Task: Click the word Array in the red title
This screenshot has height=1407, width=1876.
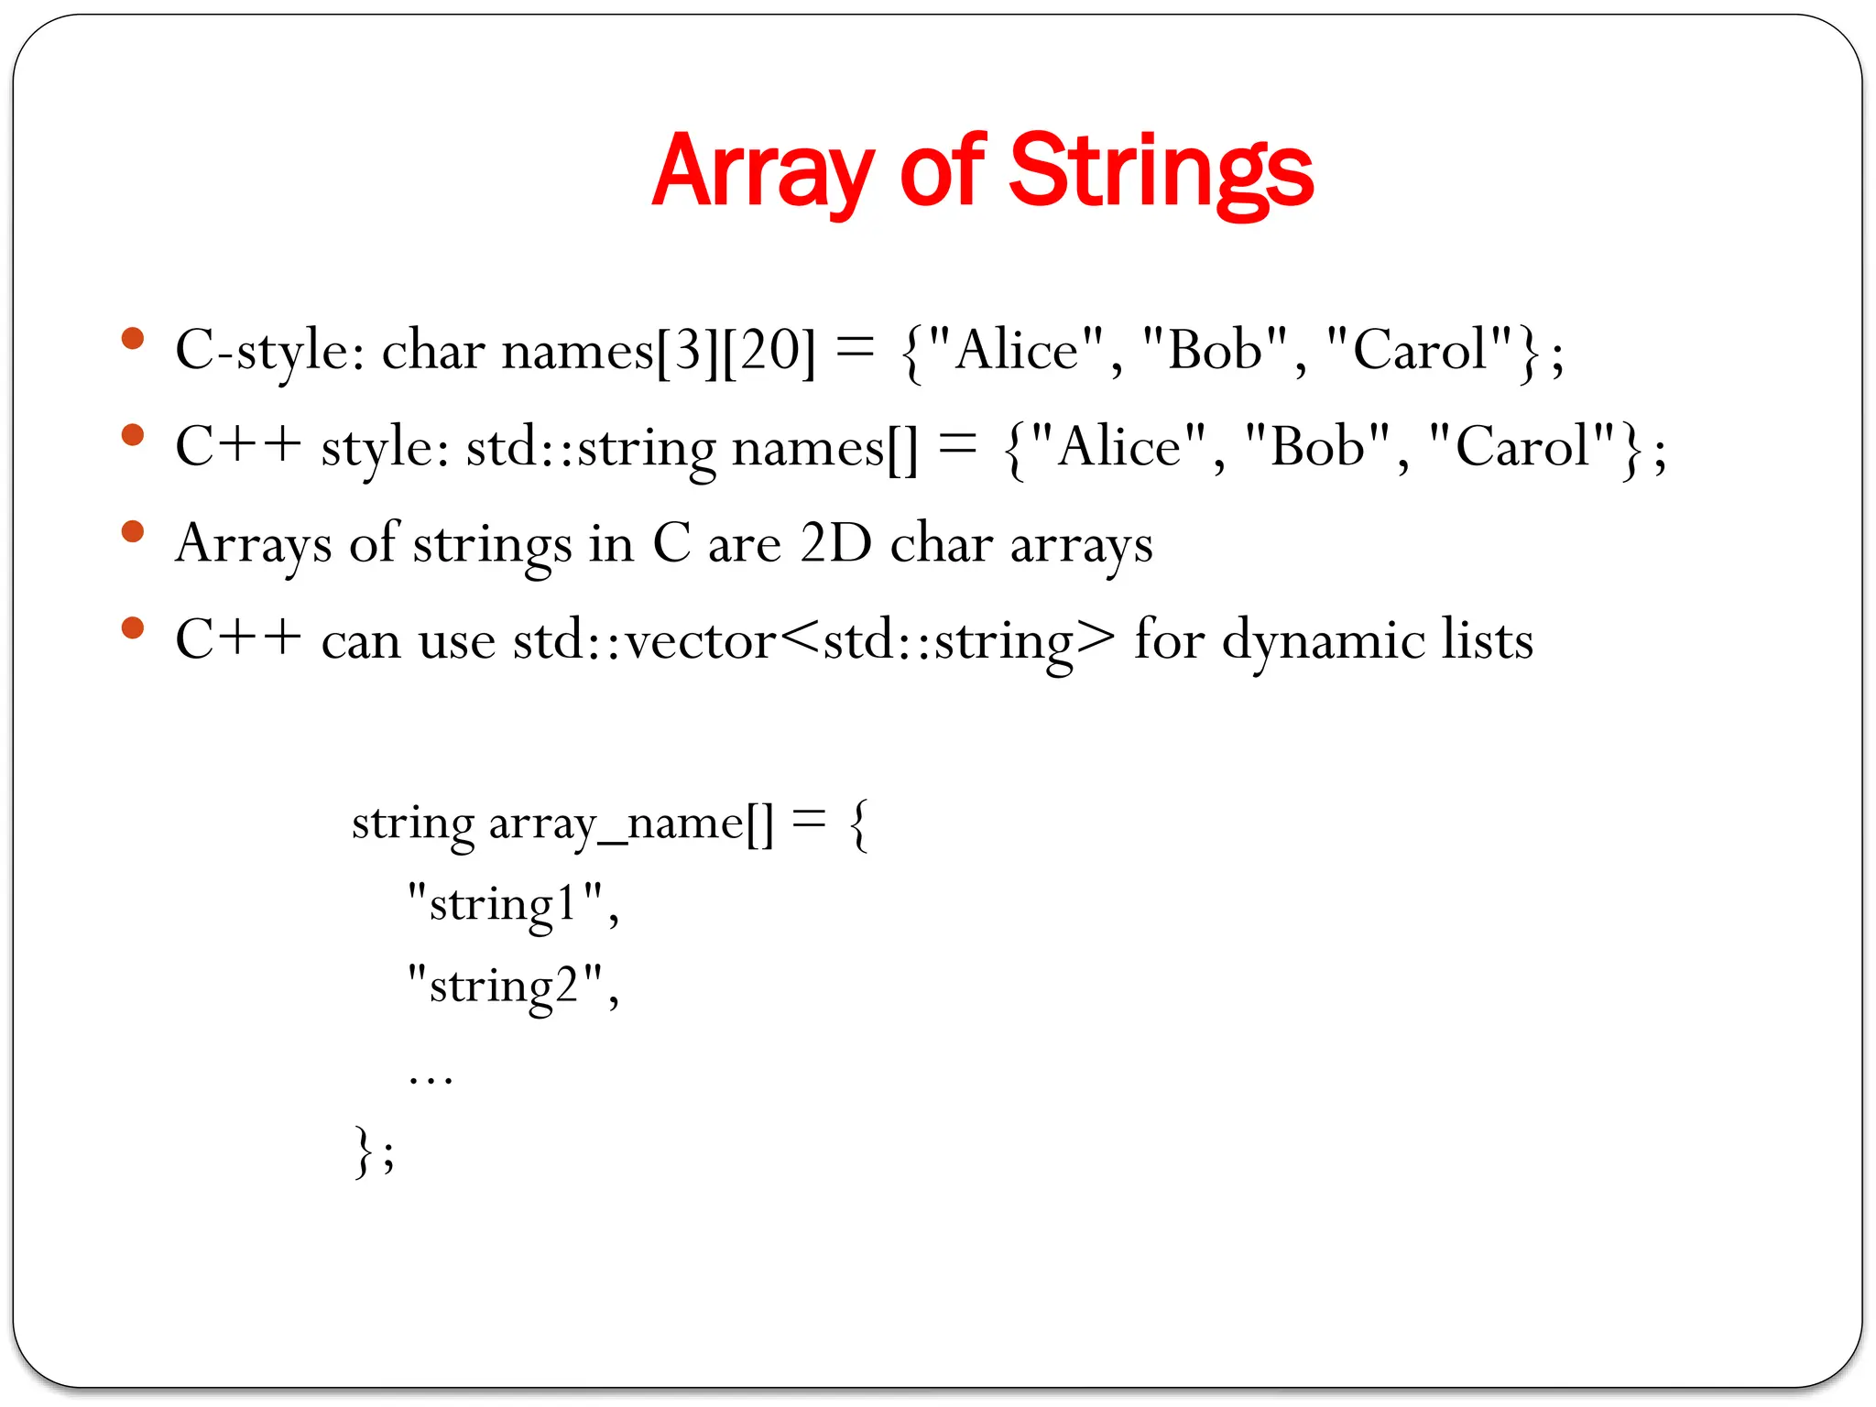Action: pos(763,172)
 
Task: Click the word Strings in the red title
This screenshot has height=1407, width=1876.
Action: pos(1161,172)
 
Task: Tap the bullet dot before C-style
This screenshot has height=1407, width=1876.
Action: pos(133,338)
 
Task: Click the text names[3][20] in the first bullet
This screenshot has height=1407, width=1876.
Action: pos(658,351)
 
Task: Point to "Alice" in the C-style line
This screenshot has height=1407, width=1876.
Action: pos(1017,351)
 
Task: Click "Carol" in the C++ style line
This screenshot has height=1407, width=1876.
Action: pos(1522,448)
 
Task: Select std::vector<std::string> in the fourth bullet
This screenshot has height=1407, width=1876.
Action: pos(814,639)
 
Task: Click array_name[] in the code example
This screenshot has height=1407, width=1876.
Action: pos(631,823)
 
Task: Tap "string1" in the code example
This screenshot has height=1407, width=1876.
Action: pos(505,905)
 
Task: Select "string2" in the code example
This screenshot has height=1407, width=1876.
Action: pos(505,987)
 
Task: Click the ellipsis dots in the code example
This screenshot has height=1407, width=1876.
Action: pos(431,1077)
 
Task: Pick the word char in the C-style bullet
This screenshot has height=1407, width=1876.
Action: pos(432,351)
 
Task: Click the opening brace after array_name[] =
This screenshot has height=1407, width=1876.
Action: pos(859,824)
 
